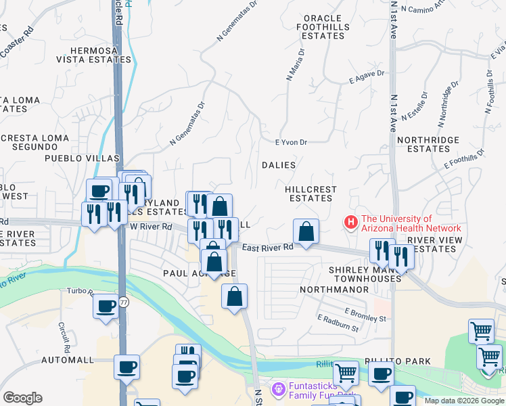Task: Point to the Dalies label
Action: [x=279, y=165]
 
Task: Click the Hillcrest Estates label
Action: [x=310, y=194]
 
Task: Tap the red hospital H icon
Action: [x=351, y=222]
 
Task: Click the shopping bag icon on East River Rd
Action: [x=306, y=231]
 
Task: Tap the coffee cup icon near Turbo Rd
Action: [x=106, y=307]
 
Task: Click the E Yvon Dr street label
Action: [x=292, y=142]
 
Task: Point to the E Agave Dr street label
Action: [x=367, y=76]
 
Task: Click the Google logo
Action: [x=22, y=398]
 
